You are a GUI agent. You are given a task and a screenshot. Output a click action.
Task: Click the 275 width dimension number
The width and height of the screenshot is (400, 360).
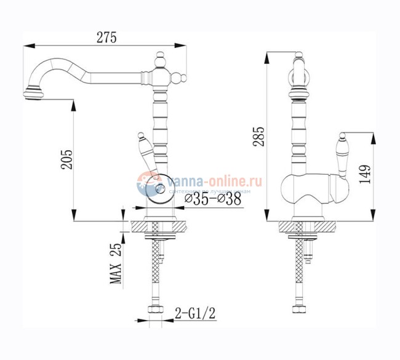click(105, 37)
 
